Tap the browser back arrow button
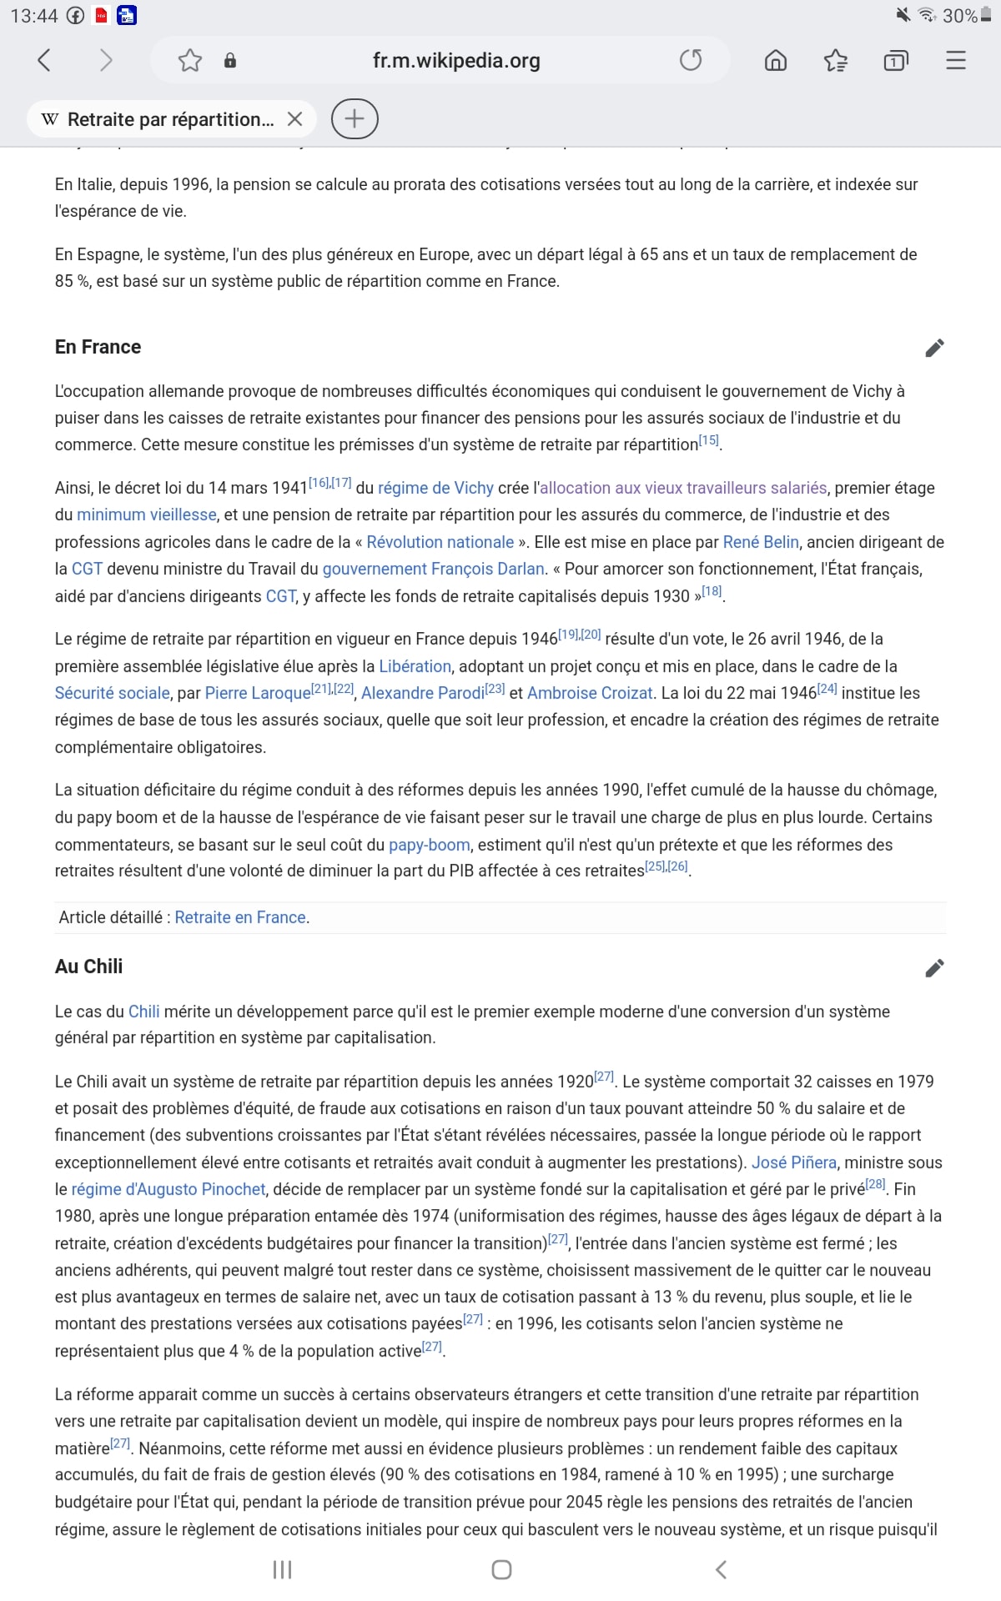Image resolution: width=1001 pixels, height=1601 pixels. pyautogui.click(x=45, y=60)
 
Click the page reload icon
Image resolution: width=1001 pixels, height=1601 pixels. pyautogui.click(x=691, y=60)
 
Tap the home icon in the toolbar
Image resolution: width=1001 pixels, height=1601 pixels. pyautogui.click(x=776, y=60)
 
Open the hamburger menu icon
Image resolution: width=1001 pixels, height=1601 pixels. pyautogui.click(x=956, y=60)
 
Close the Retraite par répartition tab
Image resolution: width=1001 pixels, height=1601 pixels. pyautogui.click(x=294, y=119)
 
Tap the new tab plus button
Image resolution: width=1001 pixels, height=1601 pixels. pyautogui.click(x=355, y=119)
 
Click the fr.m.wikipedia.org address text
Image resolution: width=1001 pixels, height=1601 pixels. pyautogui.click(x=456, y=60)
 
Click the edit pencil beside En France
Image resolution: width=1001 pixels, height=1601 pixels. pyautogui.click(x=934, y=348)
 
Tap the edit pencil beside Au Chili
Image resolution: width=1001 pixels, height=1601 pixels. pyautogui.click(x=934, y=968)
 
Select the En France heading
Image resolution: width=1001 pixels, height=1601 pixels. pyautogui.click(x=98, y=347)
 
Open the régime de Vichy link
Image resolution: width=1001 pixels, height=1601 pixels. pyautogui.click(x=435, y=489)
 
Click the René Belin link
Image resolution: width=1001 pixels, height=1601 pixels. pyautogui.click(x=761, y=542)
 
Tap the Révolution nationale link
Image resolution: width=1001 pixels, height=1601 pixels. pyautogui.click(x=440, y=542)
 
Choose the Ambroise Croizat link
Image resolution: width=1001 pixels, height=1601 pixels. pyautogui.click(x=589, y=693)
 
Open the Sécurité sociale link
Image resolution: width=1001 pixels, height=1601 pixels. pyautogui.click(x=112, y=693)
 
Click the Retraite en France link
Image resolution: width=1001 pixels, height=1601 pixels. pyautogui.click(x=240, y=917)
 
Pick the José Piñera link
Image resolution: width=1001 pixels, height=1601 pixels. pyautogui.click(x=793, y=1162)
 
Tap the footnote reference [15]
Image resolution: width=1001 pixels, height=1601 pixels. pyautogui.click(x=708, y=440)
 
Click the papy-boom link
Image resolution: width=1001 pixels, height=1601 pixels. pyautogui.click(x=429, y=845)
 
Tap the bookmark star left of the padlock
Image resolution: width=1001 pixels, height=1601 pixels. pyautogui.click(x=190, y=60)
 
